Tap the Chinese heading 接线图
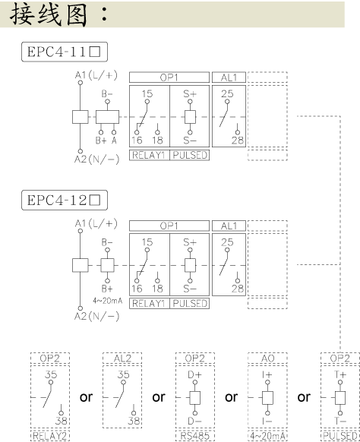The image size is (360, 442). pyautogui.click(x=49, y=14)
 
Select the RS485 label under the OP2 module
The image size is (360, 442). pyautogui.click(x=194, y=436)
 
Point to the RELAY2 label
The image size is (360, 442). pyautogui.click(x=50, y=436)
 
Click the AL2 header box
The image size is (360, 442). pyautogui.click(x=122, y=358)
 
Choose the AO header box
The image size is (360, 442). pyautogui.click(x=267, y=358)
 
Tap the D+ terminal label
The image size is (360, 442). pyautogui.click(x=194, y=374)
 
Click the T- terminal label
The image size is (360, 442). pyautogui.click(x=340, y=421)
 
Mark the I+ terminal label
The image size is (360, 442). pyautogui.click(x=267, y=374)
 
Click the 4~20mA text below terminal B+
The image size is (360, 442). pyautogui.click(x=107, y=301)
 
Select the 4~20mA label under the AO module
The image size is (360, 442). pyautogui.click(x=267, y=436)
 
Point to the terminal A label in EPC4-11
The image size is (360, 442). pyautogui.click(x=114, y=140)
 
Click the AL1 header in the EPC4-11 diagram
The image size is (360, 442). pyautogui.click(x=229, y=77)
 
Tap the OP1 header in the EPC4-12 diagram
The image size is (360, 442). pyautogui.click(x=169, y=226)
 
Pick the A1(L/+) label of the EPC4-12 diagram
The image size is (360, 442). pyautogui.click(x=96, y=223)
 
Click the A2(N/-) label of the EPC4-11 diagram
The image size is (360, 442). pyautogui.click(x=96, y=159)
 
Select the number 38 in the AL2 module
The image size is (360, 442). pyautogui.click(x=134, y=421)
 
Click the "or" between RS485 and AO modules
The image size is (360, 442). pyautogui.click(x=231, y=397)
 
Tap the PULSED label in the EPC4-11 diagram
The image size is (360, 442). pyautogui.click(x=190, y=155)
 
